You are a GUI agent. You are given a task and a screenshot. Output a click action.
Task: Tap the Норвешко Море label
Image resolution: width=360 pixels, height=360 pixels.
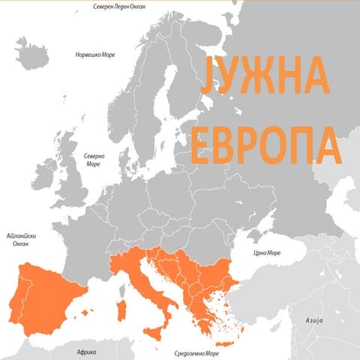(x=97, y=55)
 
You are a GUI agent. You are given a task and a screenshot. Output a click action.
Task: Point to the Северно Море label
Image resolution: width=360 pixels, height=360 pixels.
(x=94, y=160)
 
